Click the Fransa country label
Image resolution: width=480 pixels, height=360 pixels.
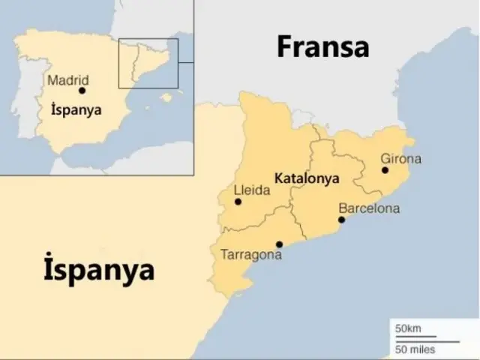[323, 46]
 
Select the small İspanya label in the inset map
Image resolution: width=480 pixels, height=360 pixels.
[75, 109]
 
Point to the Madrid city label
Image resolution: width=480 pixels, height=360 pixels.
[67, 79]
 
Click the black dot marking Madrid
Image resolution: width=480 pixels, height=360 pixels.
[82, 91]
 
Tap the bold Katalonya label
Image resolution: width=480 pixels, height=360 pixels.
[307, 179]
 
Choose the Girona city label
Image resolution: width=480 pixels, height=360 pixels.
[400, 159]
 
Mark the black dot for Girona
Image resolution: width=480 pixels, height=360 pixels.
[385, 170]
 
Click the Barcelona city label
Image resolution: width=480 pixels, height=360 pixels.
[369, 208]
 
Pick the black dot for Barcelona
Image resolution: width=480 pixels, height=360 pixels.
[341, 220]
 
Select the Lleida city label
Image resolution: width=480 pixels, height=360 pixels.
[251, 190]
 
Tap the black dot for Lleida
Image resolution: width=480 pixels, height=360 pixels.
[238, 201]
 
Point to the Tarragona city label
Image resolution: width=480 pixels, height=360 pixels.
[251, 255]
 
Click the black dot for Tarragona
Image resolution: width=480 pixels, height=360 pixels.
[279, 244]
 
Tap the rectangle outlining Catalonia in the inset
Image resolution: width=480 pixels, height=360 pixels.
[148, 63]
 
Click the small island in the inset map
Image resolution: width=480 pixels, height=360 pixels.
[166, 97]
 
